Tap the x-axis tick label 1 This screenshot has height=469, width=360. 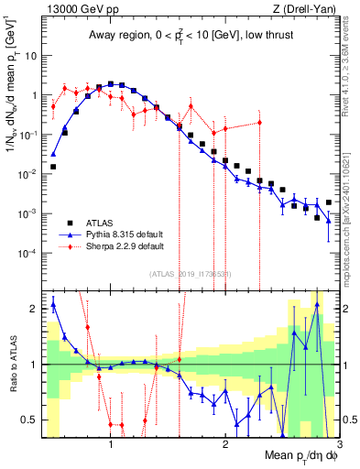point(111,445)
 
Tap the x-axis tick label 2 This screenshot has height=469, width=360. point(225,445)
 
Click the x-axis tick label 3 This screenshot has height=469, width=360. point(338,445)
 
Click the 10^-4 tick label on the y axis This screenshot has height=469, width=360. point(27,253)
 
